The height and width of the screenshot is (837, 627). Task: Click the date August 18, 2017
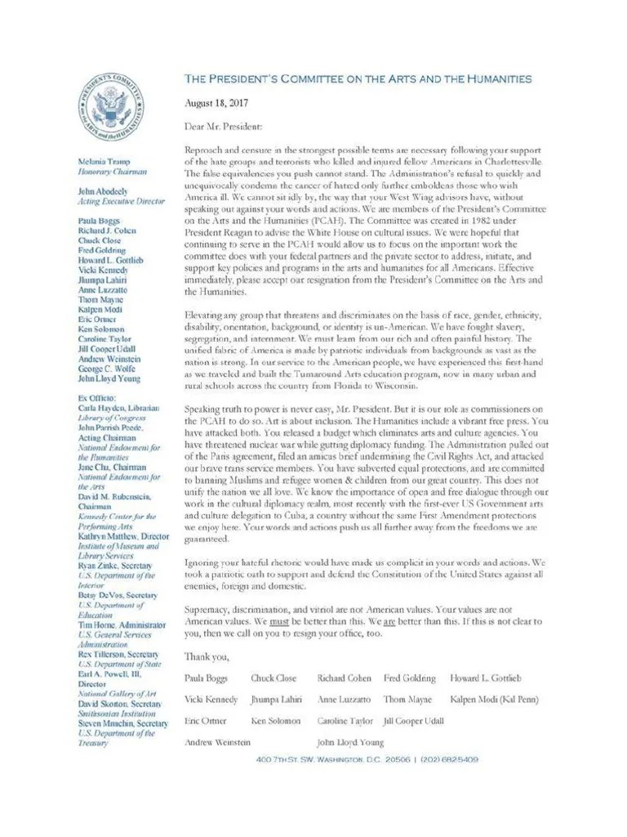coord(215,103)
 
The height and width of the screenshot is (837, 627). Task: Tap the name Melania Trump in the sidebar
coord(104,163)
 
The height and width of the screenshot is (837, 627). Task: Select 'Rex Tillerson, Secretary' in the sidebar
coord(118,655)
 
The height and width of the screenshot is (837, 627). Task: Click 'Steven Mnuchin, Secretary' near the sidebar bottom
coord(122,723)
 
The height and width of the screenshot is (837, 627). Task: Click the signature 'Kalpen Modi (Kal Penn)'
coord(494,700)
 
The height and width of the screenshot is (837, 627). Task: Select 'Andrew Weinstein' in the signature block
coord(218,742)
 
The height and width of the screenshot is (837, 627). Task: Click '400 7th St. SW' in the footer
coord(291,759)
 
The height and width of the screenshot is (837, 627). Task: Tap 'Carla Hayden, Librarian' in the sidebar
coord(118,407)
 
